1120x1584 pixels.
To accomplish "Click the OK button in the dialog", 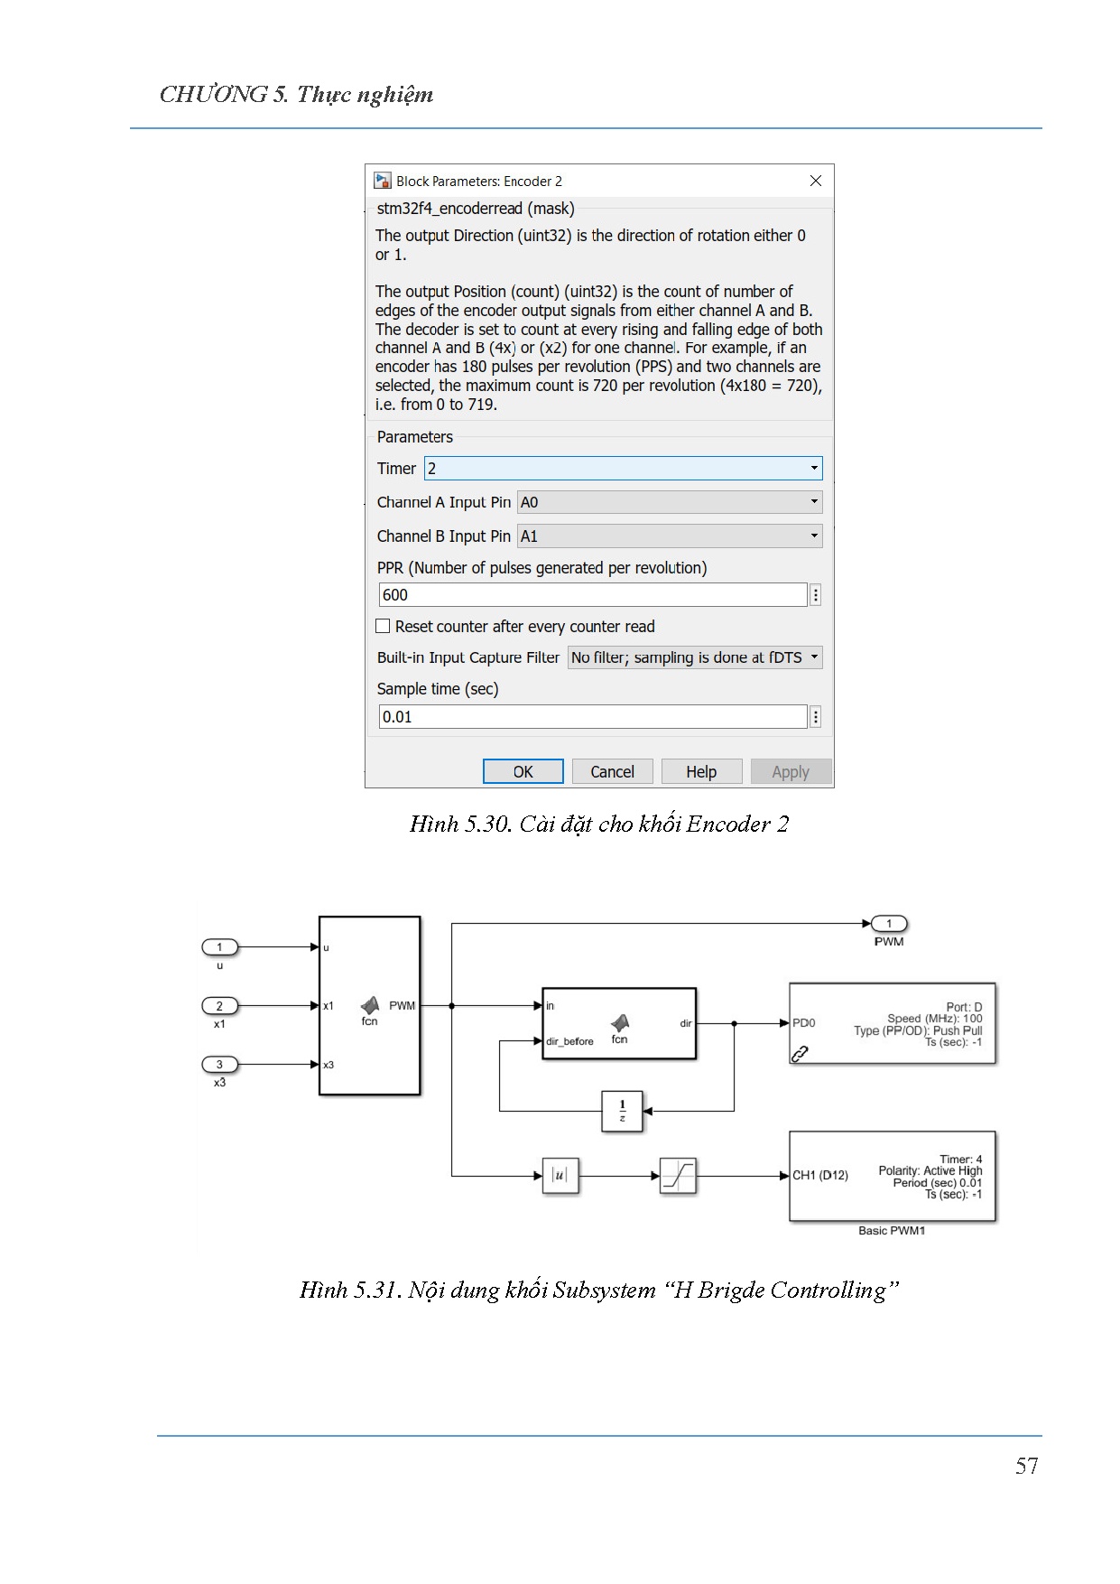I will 523,771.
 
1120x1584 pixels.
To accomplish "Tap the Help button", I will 701,771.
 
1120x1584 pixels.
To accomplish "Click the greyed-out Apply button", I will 791,771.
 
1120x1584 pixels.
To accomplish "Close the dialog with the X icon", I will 816,181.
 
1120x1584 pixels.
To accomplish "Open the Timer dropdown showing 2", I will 623,468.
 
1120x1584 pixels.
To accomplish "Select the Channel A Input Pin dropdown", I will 669,502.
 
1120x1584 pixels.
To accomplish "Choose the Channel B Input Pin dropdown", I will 669,536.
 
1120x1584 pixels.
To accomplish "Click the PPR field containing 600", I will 592,594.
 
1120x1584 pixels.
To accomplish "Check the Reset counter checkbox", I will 383,626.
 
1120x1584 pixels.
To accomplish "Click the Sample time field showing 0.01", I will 592,716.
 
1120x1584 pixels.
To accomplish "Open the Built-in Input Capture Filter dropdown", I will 695,657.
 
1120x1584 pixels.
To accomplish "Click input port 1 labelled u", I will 219,946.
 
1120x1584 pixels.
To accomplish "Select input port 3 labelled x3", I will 219,1064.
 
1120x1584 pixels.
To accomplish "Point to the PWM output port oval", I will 889,923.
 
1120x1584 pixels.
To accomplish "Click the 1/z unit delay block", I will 622,1110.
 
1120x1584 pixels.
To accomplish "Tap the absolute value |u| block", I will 560,1175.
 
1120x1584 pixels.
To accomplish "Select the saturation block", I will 677,1175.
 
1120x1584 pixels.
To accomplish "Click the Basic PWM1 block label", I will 892,1230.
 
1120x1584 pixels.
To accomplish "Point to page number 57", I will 1026,1465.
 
